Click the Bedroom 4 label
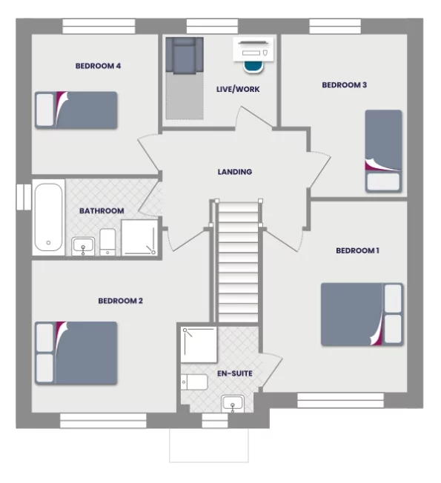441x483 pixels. (x=98, y=66)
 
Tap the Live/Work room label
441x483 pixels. (x=238, y=90)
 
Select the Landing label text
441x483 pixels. (x=234, y=172)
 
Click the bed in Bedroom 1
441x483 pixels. (x=362, y=314)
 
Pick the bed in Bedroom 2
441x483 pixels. (x=76, y=352)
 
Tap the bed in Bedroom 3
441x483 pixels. (x=383, y=151)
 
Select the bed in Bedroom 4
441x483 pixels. (x=76, y=110)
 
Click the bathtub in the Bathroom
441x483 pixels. (x=49, y=216)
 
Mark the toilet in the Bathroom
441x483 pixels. (x=107, y=242)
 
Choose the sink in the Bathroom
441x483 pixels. (x=82, y=244)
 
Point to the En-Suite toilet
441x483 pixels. (x=194, y=382)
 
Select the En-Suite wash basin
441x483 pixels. (x=233, y=403)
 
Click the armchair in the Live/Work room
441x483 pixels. (x=183, y=56)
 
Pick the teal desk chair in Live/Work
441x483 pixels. (x=254, y=67)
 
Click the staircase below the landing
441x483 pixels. (x=237, y=263)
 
